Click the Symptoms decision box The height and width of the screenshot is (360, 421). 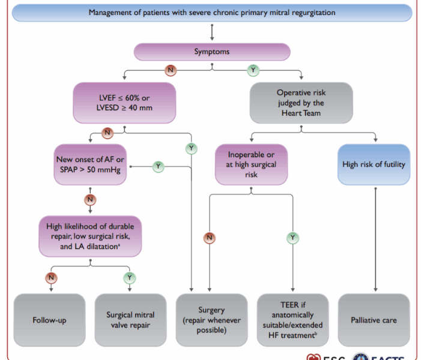click(x=212, y=52)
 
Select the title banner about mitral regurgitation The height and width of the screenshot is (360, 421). click(x=212, y=13)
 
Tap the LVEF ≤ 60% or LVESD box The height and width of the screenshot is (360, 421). click(x=124, y=103)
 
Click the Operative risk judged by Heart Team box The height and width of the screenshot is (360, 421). click(x=301, y=103)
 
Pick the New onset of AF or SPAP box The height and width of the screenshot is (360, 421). click(x=90, y=164)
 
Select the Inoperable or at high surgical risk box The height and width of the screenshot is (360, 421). click(x=251, y=164)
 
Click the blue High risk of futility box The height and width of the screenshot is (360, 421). click(x=374, y=164)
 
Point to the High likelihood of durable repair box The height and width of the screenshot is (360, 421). click(x=90, y=236)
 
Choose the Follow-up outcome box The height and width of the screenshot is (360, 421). click(x=49, y=320)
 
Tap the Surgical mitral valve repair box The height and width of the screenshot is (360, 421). click(x=130, y=320)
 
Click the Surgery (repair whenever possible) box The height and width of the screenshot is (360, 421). click(x=211, y=320)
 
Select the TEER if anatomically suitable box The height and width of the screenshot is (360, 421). click(x=292, y=320)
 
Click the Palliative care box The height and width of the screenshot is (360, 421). click(x=374, y=320)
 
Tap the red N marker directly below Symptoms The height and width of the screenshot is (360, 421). click(x=171, y=70)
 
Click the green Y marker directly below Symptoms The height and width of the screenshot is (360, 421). click(x=253, y=70)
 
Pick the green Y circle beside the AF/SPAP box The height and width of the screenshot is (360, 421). click(x=158, y=166)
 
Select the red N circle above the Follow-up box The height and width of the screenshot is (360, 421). click(x=51, y=278)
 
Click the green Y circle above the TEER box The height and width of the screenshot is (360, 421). click(x=292, y=238)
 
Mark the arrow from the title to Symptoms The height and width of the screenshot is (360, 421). click(x=212, y=32)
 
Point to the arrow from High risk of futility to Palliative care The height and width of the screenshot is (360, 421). click(x=375, y=239)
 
